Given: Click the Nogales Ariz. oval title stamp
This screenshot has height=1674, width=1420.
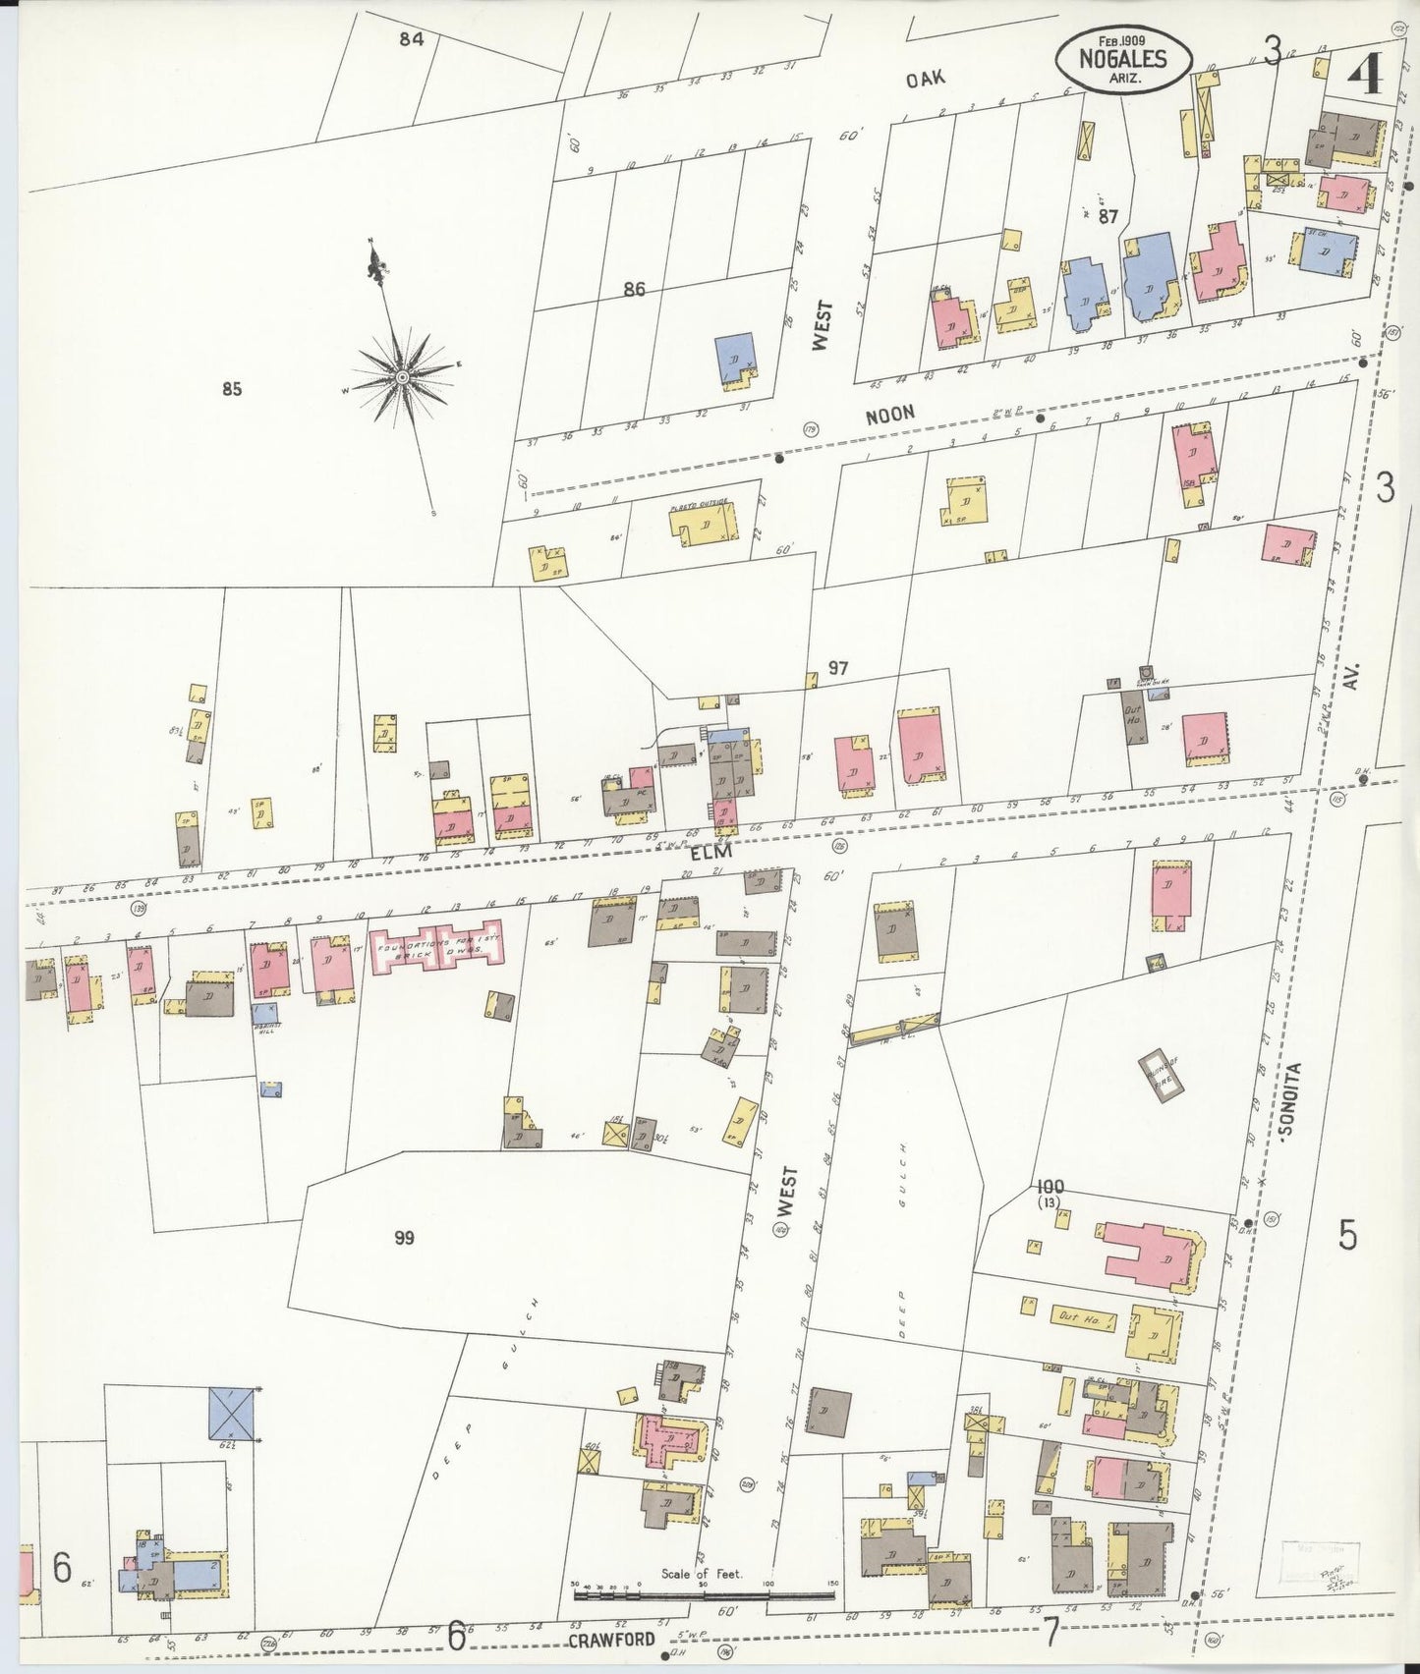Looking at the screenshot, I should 1123,58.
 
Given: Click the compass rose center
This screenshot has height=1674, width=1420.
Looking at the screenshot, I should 403,376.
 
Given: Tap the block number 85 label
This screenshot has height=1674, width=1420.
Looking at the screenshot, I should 231,389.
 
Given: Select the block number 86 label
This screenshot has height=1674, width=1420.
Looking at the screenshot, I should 634,290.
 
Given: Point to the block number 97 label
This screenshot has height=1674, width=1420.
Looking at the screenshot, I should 837,669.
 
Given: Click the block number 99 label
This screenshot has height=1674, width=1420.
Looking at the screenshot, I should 404,1238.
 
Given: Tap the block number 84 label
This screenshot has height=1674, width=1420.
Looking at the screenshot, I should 411,39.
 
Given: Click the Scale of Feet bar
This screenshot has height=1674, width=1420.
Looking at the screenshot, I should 704,1592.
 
